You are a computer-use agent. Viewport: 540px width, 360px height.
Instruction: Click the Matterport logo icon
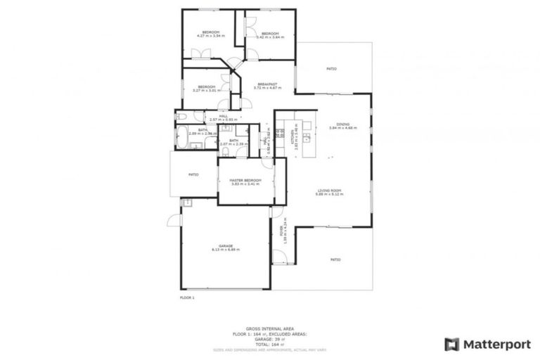coord(452,344)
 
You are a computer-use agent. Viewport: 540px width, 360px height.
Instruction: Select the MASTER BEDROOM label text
coord(245,181)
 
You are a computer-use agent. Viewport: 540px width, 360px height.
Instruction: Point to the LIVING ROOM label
coord(329,191)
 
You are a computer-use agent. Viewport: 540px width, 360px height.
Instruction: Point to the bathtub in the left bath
coord(181,138)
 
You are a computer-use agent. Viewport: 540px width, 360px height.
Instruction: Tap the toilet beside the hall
coord(181,117)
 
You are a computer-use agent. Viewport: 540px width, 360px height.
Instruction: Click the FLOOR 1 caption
coord(188,298)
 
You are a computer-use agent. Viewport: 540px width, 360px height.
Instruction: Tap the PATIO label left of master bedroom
coord(192,174)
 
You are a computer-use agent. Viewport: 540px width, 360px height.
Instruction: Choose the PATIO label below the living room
coord(335,259)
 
